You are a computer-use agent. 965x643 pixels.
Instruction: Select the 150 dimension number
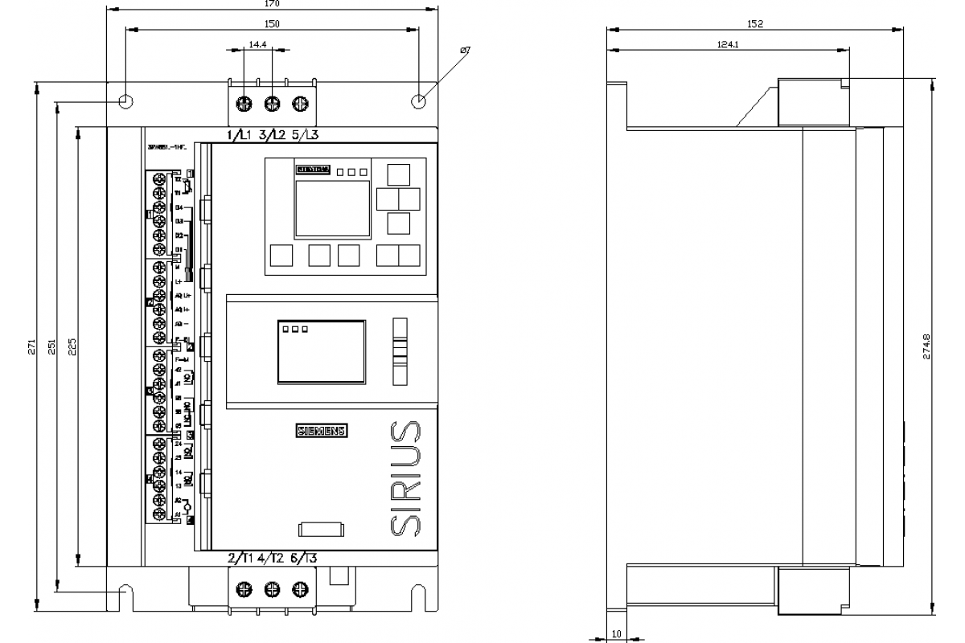click(x=272, y=25)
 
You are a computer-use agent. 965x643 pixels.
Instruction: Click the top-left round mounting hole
click(x=125, y=102)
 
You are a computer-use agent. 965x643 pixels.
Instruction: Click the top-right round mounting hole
click(x=418, y=102)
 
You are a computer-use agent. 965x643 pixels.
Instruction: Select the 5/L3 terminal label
click(x=305, y=134)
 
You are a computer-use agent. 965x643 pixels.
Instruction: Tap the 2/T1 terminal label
click(x=240, y=559)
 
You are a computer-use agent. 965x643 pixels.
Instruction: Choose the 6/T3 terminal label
click(x=303, y=559)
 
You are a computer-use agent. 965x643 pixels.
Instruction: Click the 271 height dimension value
click(x=31, y=346)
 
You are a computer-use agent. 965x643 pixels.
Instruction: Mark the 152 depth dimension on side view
click(x=754, y=25)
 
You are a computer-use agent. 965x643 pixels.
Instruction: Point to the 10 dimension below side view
click(x=617, y=634)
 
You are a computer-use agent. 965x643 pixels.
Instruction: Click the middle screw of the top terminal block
click(x=273, y=103)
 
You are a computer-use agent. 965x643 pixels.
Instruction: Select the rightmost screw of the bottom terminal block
click(x=300, y=589)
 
